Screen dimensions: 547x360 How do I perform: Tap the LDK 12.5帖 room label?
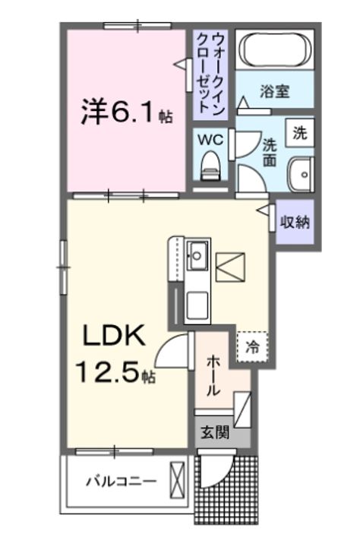114,354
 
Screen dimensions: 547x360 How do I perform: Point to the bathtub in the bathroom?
275,51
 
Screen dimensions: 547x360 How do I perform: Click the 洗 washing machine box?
300,134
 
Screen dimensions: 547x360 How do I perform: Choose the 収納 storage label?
295,223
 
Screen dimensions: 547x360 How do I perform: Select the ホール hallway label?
214,377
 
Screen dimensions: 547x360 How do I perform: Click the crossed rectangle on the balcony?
178,482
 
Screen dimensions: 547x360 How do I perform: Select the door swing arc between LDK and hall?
172,350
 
